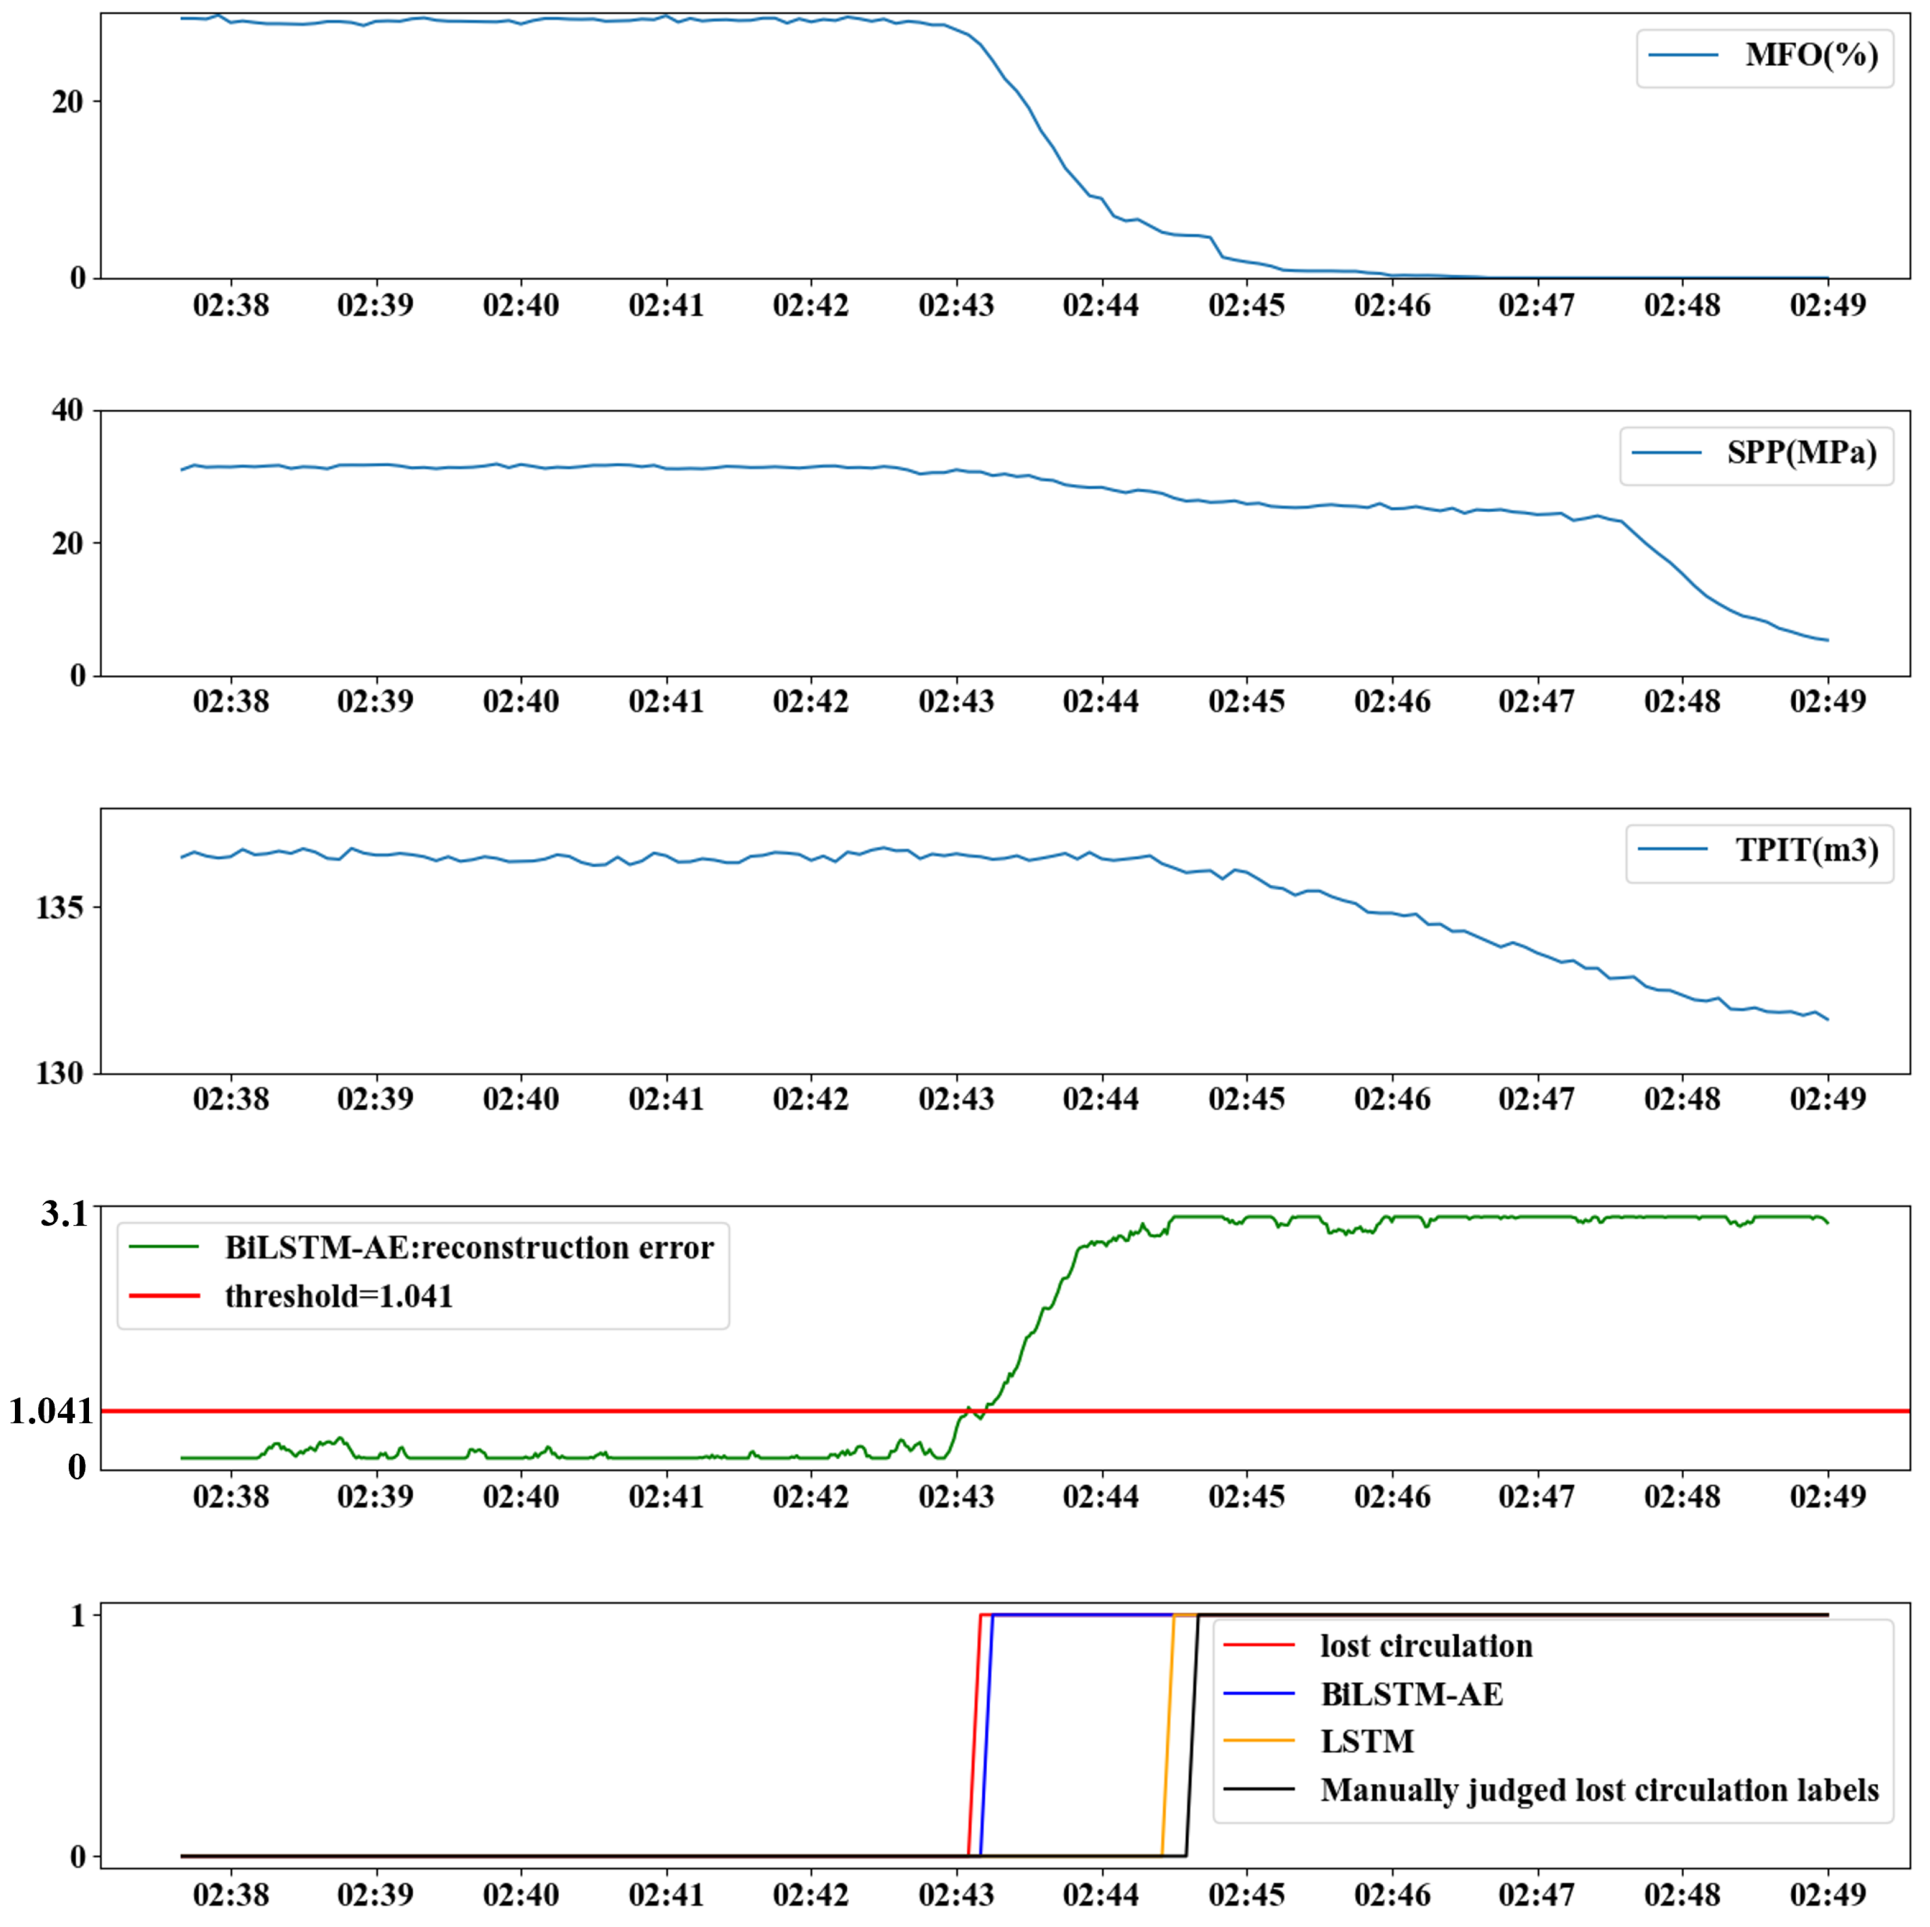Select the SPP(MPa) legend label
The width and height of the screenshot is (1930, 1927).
pyautogui.click(x=1801, y=452)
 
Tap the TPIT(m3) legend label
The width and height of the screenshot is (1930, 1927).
pyautogui.click(x=1806, y=850)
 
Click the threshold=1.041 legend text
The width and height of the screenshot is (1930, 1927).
pyautogui.click(x=339, y=1297)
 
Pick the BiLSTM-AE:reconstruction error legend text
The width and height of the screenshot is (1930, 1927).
pyautogui.click(x=468, y=1248)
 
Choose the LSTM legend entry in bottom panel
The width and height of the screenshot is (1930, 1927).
pyautogui.click(x=1367, y=1741)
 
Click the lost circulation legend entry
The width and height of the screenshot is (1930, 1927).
pyautogui.click(x=1426, y=1646)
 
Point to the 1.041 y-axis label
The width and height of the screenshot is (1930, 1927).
pyautogui.click(x=50, y=1411)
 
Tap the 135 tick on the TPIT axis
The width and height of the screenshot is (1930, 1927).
pyautogui.click(x=59, y=907)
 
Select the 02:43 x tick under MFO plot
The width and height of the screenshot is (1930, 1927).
pyautogui.click(x=956, y=305)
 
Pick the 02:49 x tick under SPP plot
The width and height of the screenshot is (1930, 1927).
pyautogui.click(x=1827, y=701)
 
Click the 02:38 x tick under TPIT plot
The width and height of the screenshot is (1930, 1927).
pyautogui.click(x=231, y=1099)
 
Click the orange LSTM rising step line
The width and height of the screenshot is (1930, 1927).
pyautogui.click(x=1168, y=1738)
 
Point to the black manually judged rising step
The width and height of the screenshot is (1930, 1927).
pyautogui.click(x=1192, y=1738)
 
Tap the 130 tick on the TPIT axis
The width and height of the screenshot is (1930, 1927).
pyautogui.click(x=59, y=1073)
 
